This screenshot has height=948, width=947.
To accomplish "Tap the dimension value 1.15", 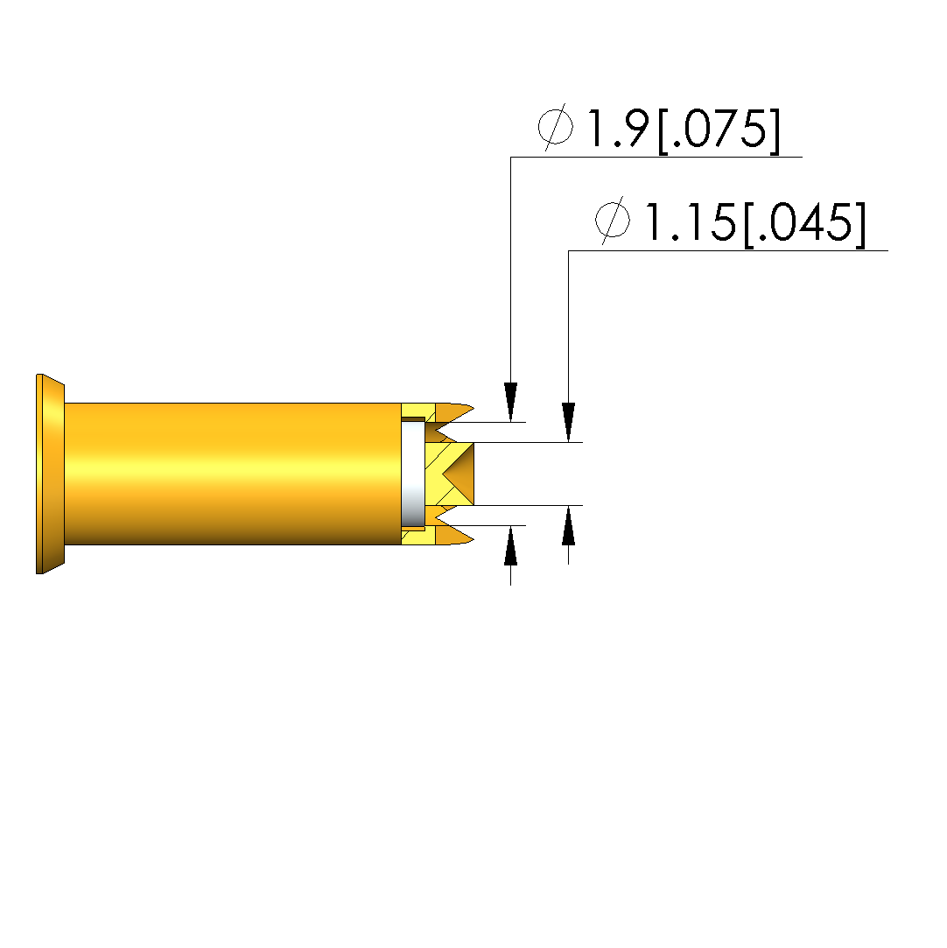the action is coord(691,221).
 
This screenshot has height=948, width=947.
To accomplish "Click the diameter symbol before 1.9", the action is coord(556,127).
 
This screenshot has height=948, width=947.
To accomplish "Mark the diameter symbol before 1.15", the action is coord(613,221).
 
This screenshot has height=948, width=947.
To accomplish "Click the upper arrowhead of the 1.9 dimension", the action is coord(510,402).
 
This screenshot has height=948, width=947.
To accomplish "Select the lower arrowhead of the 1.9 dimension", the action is coord(510,544).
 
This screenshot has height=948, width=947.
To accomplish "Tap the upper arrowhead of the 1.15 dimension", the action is coord(568,423).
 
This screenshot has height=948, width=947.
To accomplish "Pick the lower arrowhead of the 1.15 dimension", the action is coord(568,525).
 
